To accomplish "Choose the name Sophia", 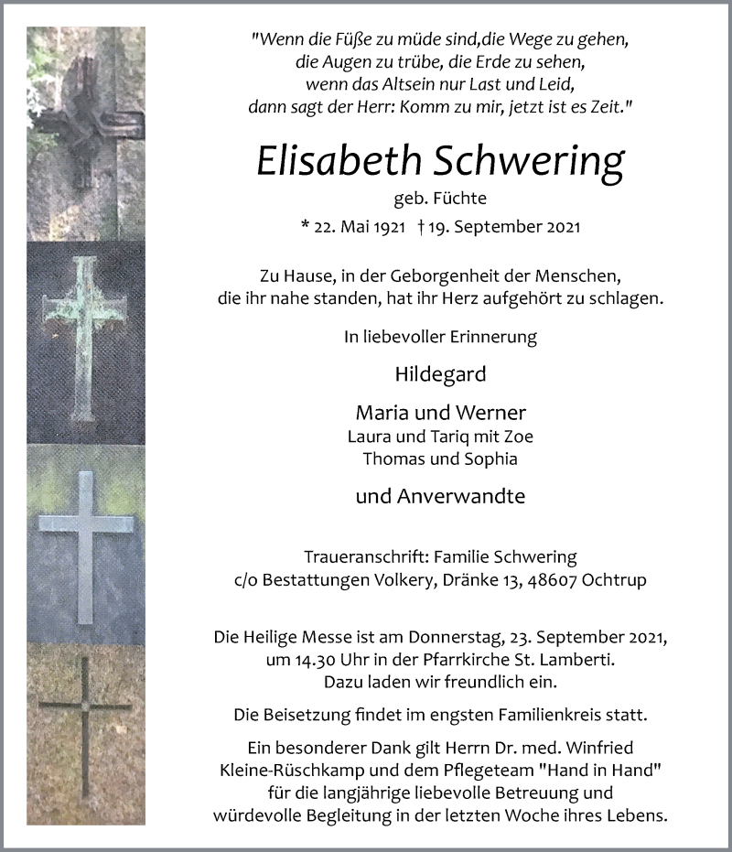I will [x=492, y=458].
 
